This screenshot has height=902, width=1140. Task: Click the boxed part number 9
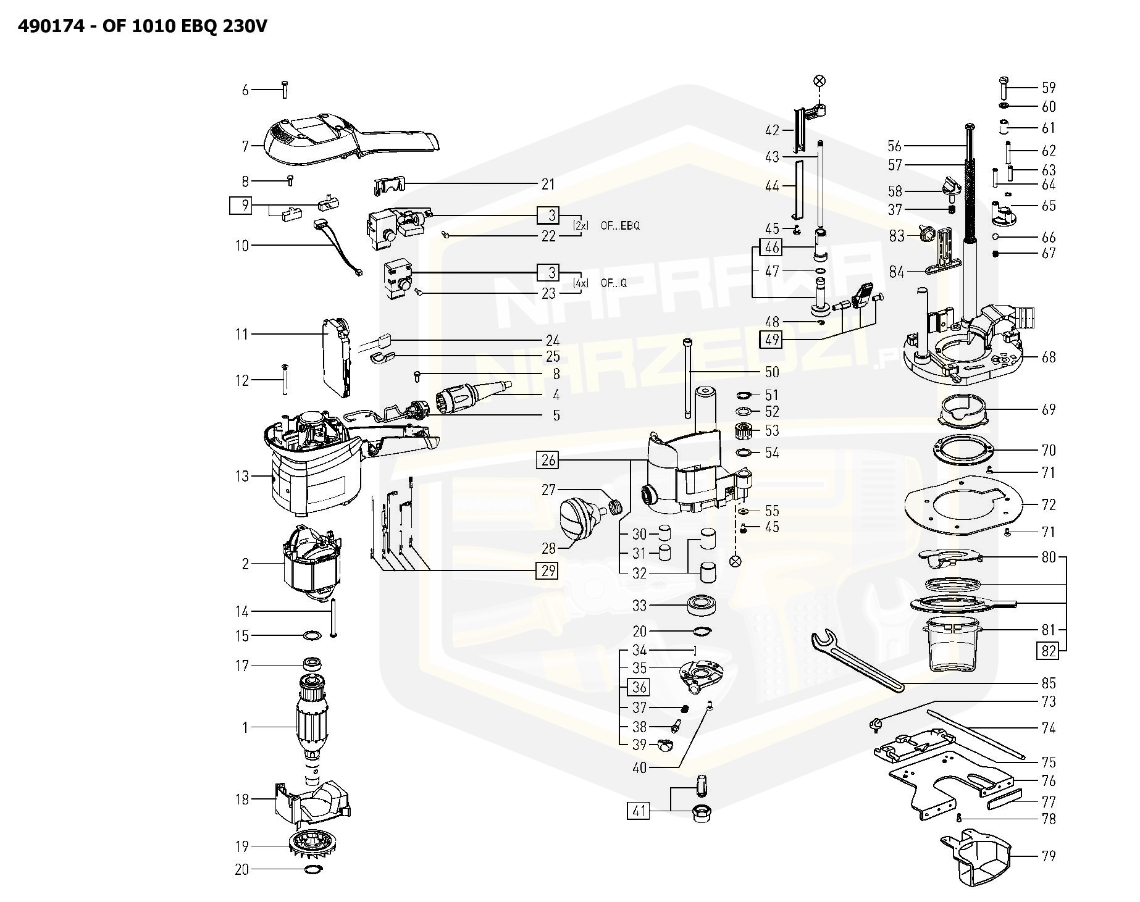tap(245, 205)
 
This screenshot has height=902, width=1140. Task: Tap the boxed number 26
tap(548, 460)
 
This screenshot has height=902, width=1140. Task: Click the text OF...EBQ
tap(619, 226)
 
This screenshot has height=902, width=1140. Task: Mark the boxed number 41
tap(639, 810)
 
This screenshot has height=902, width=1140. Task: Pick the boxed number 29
tap(548, 570)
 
